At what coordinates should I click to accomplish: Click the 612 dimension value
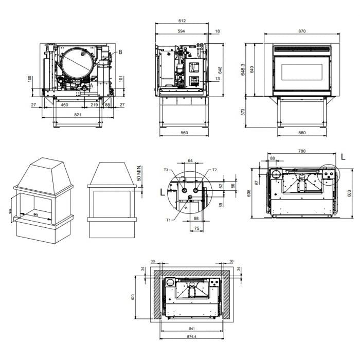(x=182, y=21)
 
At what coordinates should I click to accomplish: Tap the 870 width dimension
(x=302, y=31)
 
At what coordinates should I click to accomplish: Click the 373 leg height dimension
(x=243, y=112)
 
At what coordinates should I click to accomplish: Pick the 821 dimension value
(x=78, y=115)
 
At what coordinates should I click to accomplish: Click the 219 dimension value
(x=94, y=105)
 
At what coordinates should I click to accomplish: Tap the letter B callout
(x=120, y=52)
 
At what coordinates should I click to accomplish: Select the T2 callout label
(x=214, y=170)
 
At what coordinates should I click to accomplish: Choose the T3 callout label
(x=166, y=170)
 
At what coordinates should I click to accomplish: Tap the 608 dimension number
(x=249, y=193)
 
